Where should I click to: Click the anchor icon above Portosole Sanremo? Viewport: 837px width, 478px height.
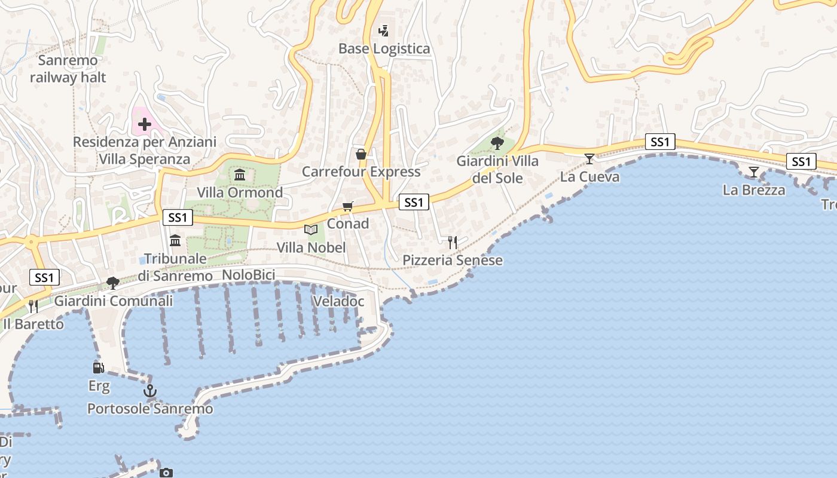click(149, 391)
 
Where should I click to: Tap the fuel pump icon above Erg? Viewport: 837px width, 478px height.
click(98, 367)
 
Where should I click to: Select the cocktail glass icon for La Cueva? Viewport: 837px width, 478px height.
click(589, 158)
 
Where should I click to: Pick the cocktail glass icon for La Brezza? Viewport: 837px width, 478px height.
click(753, 172)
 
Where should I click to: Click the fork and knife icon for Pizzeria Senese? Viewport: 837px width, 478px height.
click(453, 242)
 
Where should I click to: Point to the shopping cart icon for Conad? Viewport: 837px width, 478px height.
click(348, 206)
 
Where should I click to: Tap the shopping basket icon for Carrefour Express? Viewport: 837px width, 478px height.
click(361, 154)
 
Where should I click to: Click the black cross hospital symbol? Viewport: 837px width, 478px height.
click(144, 124)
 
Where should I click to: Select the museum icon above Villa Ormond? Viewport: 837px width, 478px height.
click(240, 174)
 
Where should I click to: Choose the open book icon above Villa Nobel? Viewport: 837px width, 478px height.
click(311, 229)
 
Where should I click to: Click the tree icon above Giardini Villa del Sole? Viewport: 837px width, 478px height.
click(497, 143)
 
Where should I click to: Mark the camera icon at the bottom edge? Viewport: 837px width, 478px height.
click(166, 473)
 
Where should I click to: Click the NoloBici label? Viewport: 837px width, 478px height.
click(248, 275)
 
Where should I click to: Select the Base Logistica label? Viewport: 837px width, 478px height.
click(384, 48)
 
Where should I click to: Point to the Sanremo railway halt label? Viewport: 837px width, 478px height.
click(68, 69)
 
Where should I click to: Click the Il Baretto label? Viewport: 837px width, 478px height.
click(33, 324)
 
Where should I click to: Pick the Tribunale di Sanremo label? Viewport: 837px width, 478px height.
click(175, 267)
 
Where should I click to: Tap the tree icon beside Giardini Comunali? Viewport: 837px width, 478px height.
click(112, 283)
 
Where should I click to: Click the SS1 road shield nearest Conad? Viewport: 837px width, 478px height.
click(414, 203)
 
